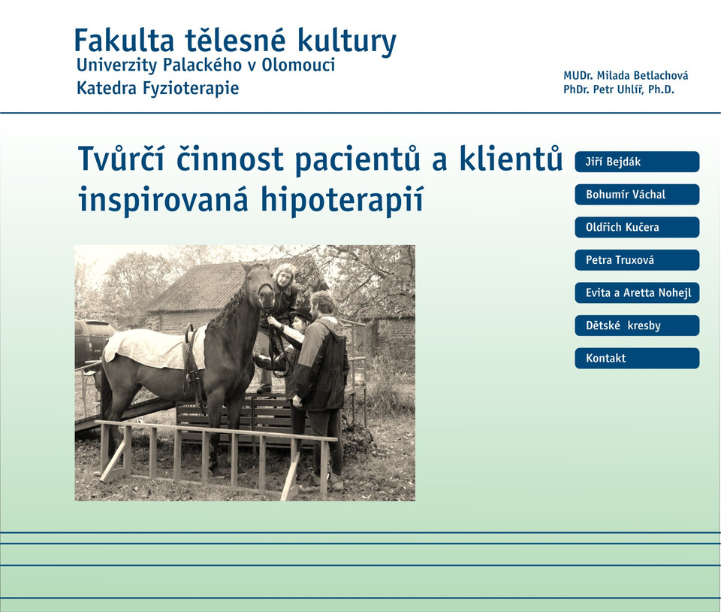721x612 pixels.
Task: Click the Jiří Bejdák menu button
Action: (x=637, y=162)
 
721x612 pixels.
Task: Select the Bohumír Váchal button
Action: (x=637, y=195)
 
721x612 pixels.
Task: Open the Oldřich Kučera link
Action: (x=637, y=227)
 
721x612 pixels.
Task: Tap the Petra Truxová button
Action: (x=637, y=260)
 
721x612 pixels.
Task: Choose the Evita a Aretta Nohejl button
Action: (x=637, y=292)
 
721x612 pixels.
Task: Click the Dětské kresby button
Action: (x=637, y=326)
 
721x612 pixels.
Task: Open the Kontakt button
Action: (x=637, y=359)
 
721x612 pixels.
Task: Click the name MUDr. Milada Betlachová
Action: (x=626, y=75)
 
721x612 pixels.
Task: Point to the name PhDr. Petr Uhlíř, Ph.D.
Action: (x=619, y=89)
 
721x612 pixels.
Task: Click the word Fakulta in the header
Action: (x=124, y=41)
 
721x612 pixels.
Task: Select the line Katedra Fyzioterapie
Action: (x=158, y=88)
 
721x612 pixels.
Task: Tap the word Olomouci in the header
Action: (x=298, y=65)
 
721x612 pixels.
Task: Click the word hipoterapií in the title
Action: (x=342, y=200)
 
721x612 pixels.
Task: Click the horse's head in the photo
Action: (x=260, y=284)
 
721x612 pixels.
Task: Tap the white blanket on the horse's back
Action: (x=154, y=348)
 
